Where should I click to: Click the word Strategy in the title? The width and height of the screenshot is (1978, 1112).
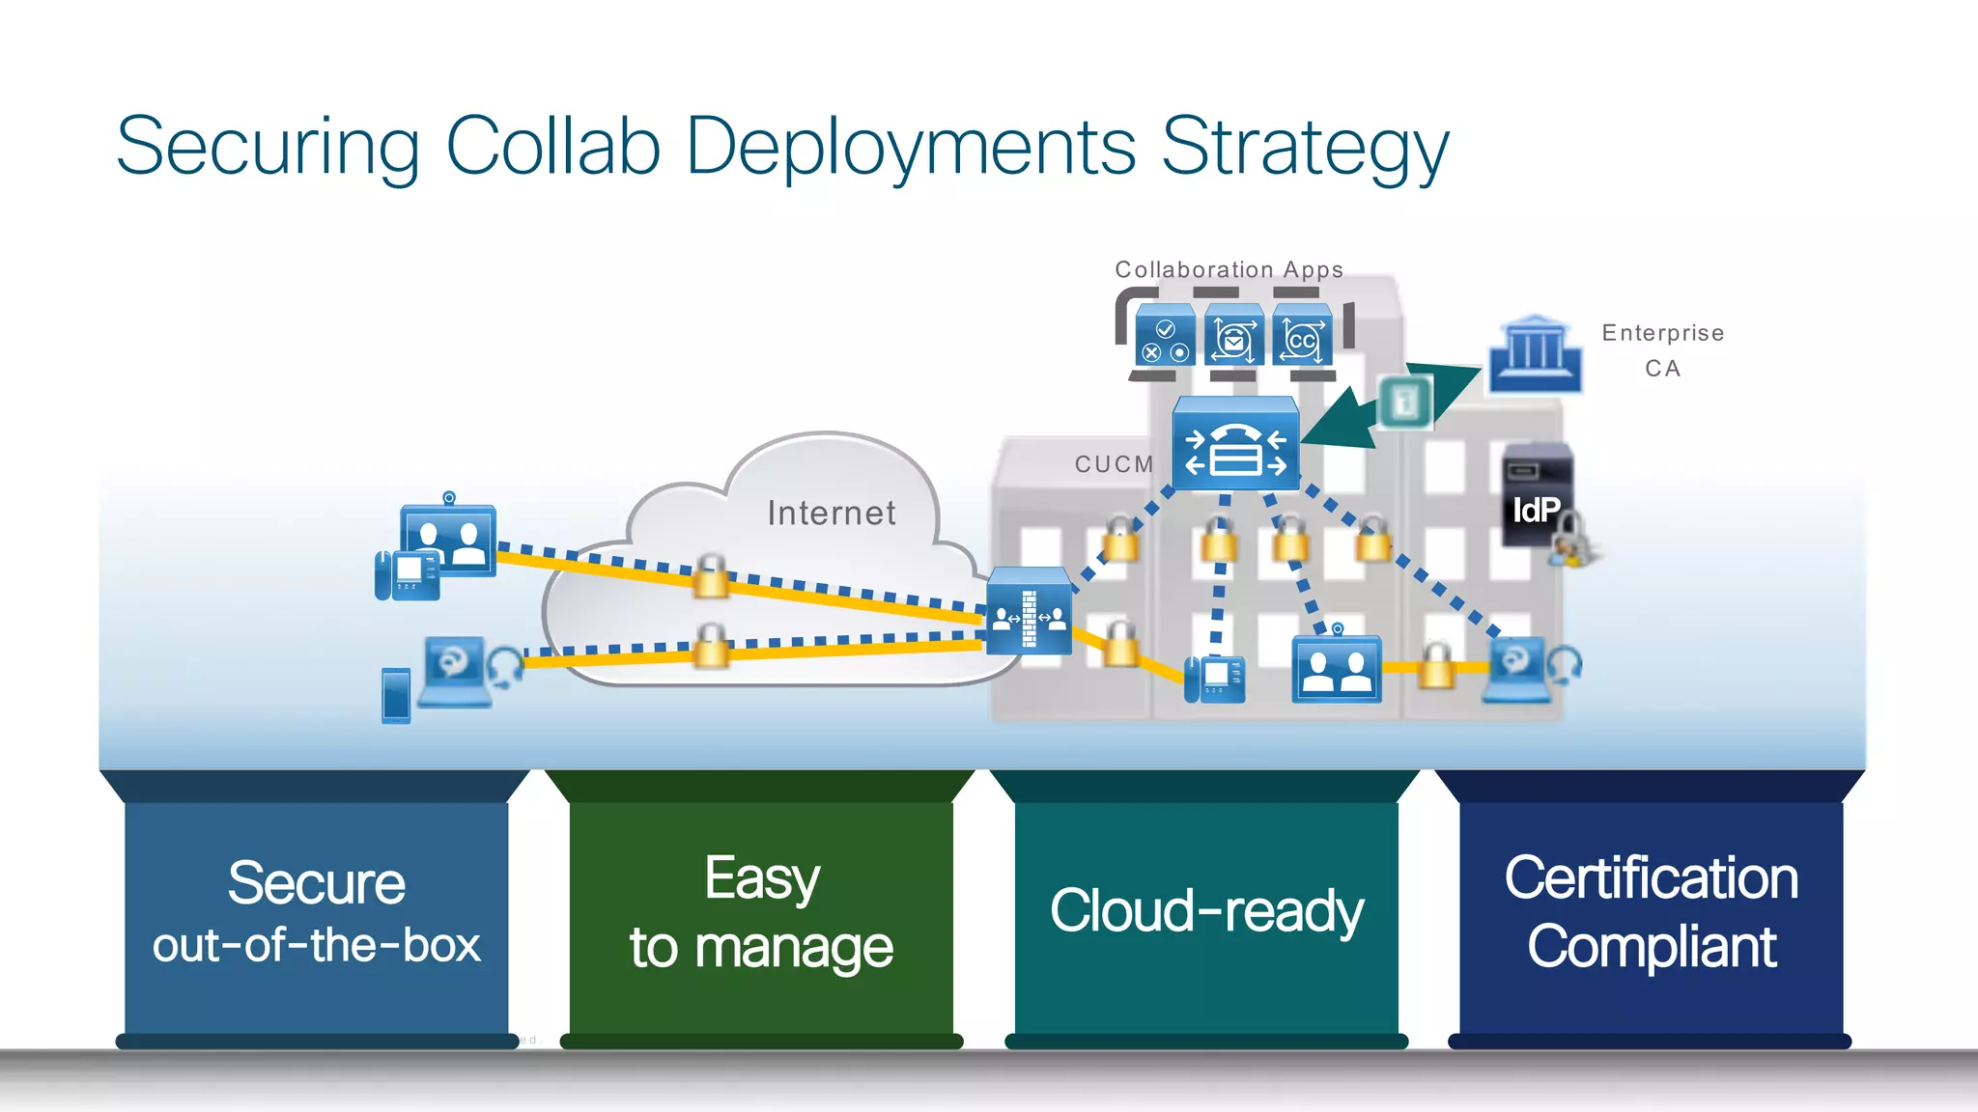pyautogui.click(x=1304, y=147)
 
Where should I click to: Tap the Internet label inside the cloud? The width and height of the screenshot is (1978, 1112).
pyautogui.click(x=832, y=513)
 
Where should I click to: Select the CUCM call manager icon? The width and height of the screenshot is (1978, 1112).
pyautogui.click(x=1235, y=444)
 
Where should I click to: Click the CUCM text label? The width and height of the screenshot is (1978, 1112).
pyautogui.click(x=1115, y=464)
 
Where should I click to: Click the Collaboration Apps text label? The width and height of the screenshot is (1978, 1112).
pyautogui.click(x=1229, y=269)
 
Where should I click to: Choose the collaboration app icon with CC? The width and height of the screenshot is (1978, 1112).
pyautogui.click(x=1302, y=336)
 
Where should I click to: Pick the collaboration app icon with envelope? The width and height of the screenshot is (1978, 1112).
pyautogui.click(x=1234, y=336)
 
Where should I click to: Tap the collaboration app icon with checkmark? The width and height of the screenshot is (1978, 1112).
pyautogui.click(x=1166, y=336)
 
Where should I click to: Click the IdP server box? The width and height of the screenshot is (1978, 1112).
pyautogui.click(x=1537, y=496)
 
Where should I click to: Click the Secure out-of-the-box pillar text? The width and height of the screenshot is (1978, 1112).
pyautogui.click(x=316, y=912)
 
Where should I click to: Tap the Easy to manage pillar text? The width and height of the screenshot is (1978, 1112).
pyautogui.click(x=761, y=912)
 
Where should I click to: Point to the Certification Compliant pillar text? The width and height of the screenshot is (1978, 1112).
pyautogui.click(x=1651, y=912)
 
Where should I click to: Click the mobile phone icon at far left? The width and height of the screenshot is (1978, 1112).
pyautogui.click(x=396, y=695)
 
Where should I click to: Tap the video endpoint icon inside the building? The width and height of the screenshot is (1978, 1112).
pyautogui.click(x=1337, y=668)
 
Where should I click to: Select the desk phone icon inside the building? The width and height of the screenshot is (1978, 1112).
pyautogui.click(x=1215, y=679)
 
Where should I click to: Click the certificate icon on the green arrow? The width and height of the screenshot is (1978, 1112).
pyautogui.click(x=1405, y=401)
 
